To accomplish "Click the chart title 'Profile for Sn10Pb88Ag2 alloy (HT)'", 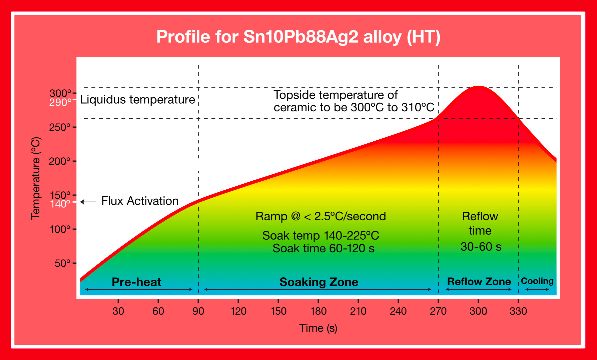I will click(x=298, y=37).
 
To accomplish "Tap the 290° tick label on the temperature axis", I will click(x=60, y=103).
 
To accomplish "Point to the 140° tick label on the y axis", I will click(x=60, y=204).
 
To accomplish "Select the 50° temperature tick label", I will click(x=63, y=263).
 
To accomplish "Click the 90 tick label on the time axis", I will click(x=198, y=311).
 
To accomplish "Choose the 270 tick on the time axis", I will click(x=438, y=311).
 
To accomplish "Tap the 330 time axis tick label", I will click(x=518, y=311).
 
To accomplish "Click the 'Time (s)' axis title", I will click(x=318, y=328).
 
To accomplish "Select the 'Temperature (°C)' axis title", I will click(x=36, y=178).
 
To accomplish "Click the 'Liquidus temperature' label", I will click(x=137, y=100).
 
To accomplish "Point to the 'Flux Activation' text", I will click(x=140, y=201).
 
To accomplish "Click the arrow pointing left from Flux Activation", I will click(x=88, y=202).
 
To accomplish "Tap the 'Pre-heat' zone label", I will click(x=136, y=282).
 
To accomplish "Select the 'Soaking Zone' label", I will click(x=319, y=282).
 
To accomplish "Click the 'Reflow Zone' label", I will click(x=479, y=282).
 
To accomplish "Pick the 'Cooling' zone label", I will click(x=537, y=281).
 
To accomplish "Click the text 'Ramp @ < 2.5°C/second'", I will click(x=321, y=216).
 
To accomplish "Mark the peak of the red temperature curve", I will click(x=479, y=87).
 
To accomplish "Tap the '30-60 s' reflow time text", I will click(x=481, y=247).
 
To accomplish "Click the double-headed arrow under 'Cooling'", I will click(x=537, y=289).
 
